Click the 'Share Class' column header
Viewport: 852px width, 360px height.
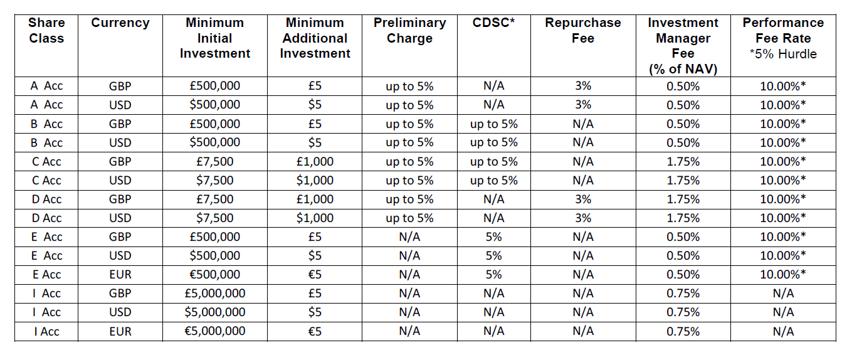46,31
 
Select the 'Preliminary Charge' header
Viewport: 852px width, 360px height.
409,31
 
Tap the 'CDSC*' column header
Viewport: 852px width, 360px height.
493,23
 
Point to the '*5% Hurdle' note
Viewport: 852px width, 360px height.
783,54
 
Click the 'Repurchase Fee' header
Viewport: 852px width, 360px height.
582,31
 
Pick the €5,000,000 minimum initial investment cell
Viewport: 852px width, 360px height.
215,331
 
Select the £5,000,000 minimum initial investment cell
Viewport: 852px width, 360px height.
215,294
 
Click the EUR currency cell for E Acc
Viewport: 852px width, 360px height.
120,274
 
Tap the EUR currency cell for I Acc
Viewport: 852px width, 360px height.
120,331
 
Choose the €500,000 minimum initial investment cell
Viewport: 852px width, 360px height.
215,274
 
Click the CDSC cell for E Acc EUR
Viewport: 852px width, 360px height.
493,274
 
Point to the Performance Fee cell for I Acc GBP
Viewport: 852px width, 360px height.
783,294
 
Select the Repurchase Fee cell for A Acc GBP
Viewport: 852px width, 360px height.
583,86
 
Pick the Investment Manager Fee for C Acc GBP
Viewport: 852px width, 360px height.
683,162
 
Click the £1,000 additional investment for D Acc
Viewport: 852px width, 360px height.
315,199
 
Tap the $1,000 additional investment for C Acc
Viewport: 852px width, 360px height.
315,181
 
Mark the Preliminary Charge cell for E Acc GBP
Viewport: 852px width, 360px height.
409,237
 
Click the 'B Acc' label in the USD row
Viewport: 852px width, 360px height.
46,143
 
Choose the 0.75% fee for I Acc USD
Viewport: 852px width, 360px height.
683,312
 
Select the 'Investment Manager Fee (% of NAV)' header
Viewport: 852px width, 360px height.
683,46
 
